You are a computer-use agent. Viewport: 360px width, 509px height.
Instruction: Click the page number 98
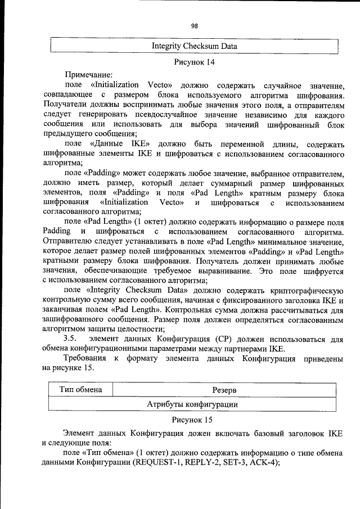point(194,26)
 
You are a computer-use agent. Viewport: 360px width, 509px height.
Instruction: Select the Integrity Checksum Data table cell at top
point(194,46)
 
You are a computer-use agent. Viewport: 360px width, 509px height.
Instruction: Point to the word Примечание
point(89,74)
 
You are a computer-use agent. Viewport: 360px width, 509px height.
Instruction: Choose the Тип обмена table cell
point(80,390)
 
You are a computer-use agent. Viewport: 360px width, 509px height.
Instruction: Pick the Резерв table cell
point(224,390)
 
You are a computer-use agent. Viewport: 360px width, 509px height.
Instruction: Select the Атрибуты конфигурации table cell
point(192,404)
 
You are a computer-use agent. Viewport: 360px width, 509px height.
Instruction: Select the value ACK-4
point(260,463)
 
